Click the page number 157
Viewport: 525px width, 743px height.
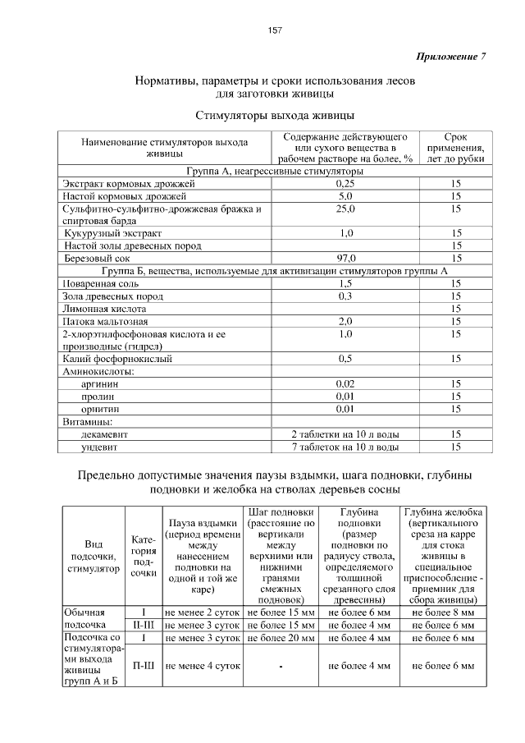[275, 30]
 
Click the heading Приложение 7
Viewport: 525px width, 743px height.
[451, 57]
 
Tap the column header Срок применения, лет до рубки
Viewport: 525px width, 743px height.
[455, 147]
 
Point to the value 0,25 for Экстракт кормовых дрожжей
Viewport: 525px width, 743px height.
[345, 185]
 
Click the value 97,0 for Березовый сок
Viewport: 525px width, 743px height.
[345, 258]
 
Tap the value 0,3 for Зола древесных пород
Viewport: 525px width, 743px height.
[345, 296]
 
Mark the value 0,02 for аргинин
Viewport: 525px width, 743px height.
[345, 383]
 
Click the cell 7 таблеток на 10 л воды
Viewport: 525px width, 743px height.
[345, 447]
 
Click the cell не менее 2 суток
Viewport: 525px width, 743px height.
[203, 612]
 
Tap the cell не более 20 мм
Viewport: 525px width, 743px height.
[281, 637]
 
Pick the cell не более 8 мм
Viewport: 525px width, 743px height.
[443, 612]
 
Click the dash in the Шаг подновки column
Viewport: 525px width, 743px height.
[281, 667]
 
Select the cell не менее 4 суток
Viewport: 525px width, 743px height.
[203, 667]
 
